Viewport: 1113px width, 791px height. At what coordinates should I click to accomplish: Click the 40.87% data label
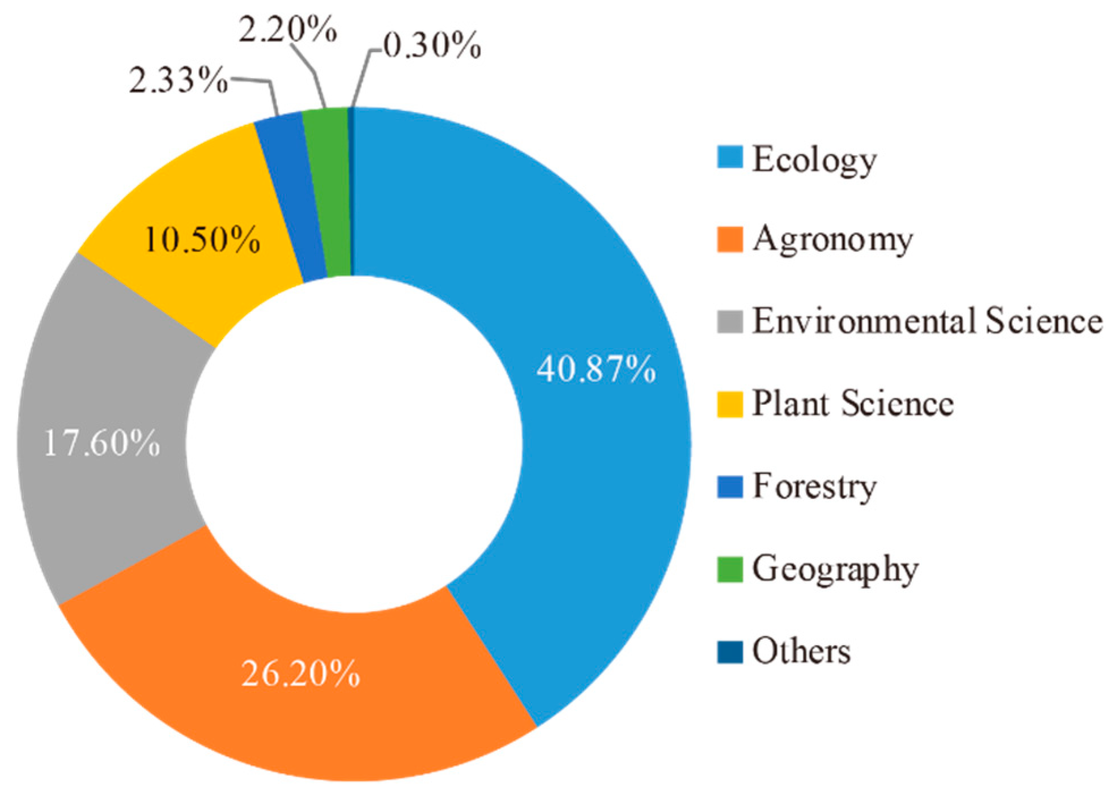(596, 370)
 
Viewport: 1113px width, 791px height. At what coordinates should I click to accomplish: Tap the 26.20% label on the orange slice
(300, 674)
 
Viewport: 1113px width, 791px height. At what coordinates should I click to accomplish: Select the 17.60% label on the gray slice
(102, 443)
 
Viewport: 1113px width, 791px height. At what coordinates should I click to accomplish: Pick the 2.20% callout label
(287, 31)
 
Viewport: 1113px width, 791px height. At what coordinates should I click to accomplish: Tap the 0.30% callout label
(432, 46)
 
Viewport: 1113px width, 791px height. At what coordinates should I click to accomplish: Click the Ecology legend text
(814, 160)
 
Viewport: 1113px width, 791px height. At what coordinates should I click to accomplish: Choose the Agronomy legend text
(832, 240)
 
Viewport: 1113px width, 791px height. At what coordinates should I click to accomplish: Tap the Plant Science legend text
(852, 403)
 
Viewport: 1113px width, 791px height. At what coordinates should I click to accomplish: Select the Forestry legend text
(814, 487)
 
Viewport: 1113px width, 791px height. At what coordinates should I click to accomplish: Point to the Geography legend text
(835, 569)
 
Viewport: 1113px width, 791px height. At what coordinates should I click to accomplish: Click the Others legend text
(801, 650)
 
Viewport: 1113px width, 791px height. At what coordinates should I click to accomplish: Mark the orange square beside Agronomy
(729, 239)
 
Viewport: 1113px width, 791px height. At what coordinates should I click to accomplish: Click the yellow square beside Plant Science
(729, 404)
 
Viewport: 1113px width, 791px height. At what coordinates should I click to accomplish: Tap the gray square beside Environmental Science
(729, 322)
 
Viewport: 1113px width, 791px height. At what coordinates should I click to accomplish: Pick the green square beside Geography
(729, 569)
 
